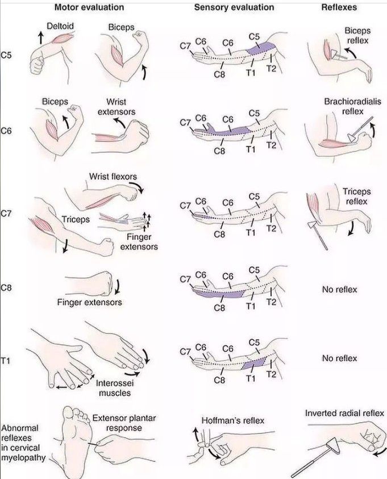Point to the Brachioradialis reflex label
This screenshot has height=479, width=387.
coord(347,106)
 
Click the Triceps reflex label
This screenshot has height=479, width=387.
coord(355,197)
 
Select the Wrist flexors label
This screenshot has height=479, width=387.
coord(113,177)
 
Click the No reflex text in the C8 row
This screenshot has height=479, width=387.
coord(339,289)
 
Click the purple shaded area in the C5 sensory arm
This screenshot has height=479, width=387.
coord(261,50)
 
